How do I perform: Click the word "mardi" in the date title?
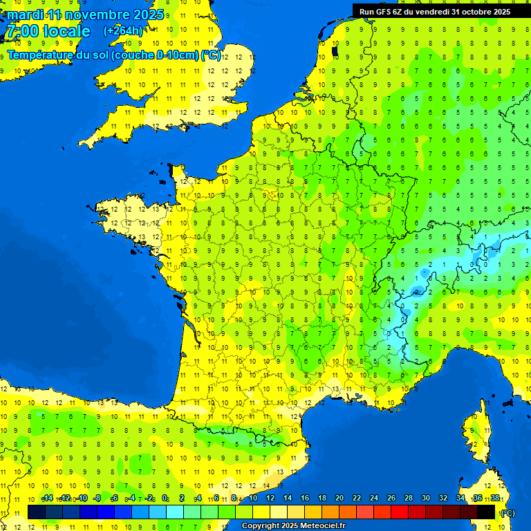click(x=25, y=15)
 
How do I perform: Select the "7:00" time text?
click(x=22, y=31)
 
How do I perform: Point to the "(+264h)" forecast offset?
click(x=123, y=31)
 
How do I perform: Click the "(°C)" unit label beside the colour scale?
click(x=507, y=512)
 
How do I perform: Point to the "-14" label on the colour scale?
click(x=47, y=498)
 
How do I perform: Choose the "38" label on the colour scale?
click(x=495, y=498)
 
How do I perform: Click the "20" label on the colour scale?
click(x=339, y=498)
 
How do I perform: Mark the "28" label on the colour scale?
click(x=409, y=498)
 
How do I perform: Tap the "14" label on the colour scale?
click(x=287, y=498)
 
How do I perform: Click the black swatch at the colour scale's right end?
click(x=486, y=512)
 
